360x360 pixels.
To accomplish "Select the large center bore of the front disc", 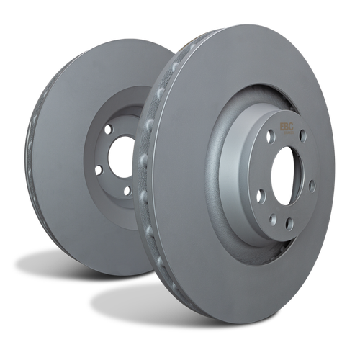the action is [287, 176].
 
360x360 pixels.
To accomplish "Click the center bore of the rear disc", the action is [121, 157].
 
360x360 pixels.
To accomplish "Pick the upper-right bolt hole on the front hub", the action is [303, 136].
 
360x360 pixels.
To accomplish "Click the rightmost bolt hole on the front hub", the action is [312, 186].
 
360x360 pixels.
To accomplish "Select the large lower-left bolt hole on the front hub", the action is [261, 196].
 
